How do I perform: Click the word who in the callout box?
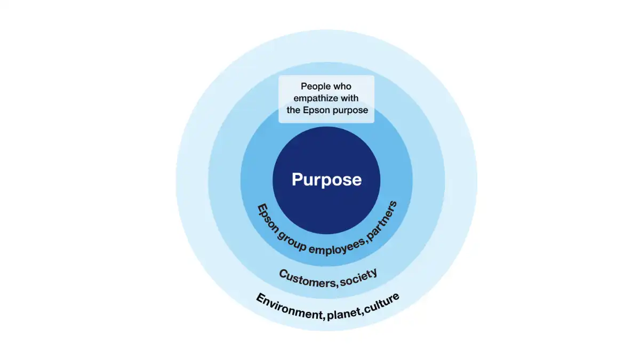click(341, 86)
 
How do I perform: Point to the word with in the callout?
click(349, 98)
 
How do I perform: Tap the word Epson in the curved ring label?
click(267, 219)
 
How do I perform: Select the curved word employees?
click(337, 247)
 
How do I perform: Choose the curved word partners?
click(382, 221)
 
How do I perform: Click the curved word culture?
click(382, 303)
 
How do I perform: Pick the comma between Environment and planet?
click(324, 318)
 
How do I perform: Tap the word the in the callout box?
click(293, 110)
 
